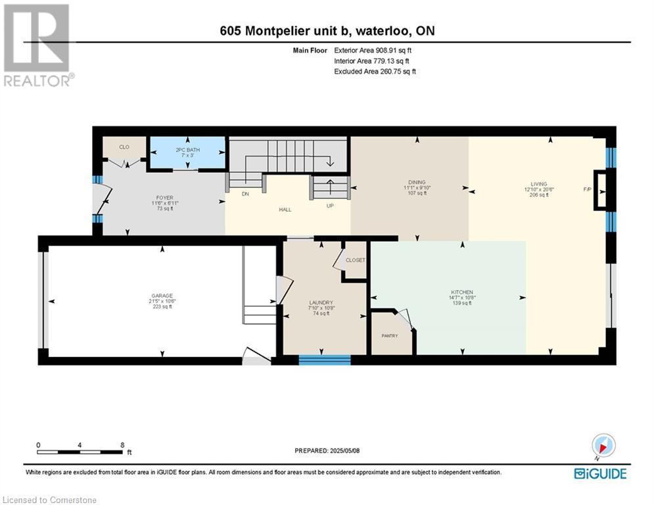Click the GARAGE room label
[161, 296]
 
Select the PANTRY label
[390, 335]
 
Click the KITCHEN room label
[462, 292]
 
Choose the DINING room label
[417, 182]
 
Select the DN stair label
[246, 194]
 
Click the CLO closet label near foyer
[124, 147]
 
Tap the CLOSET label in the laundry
[355, 260]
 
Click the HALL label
[285, 210]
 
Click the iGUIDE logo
[600, 473]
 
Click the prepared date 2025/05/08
[328, 450]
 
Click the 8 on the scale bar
[122, 445]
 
